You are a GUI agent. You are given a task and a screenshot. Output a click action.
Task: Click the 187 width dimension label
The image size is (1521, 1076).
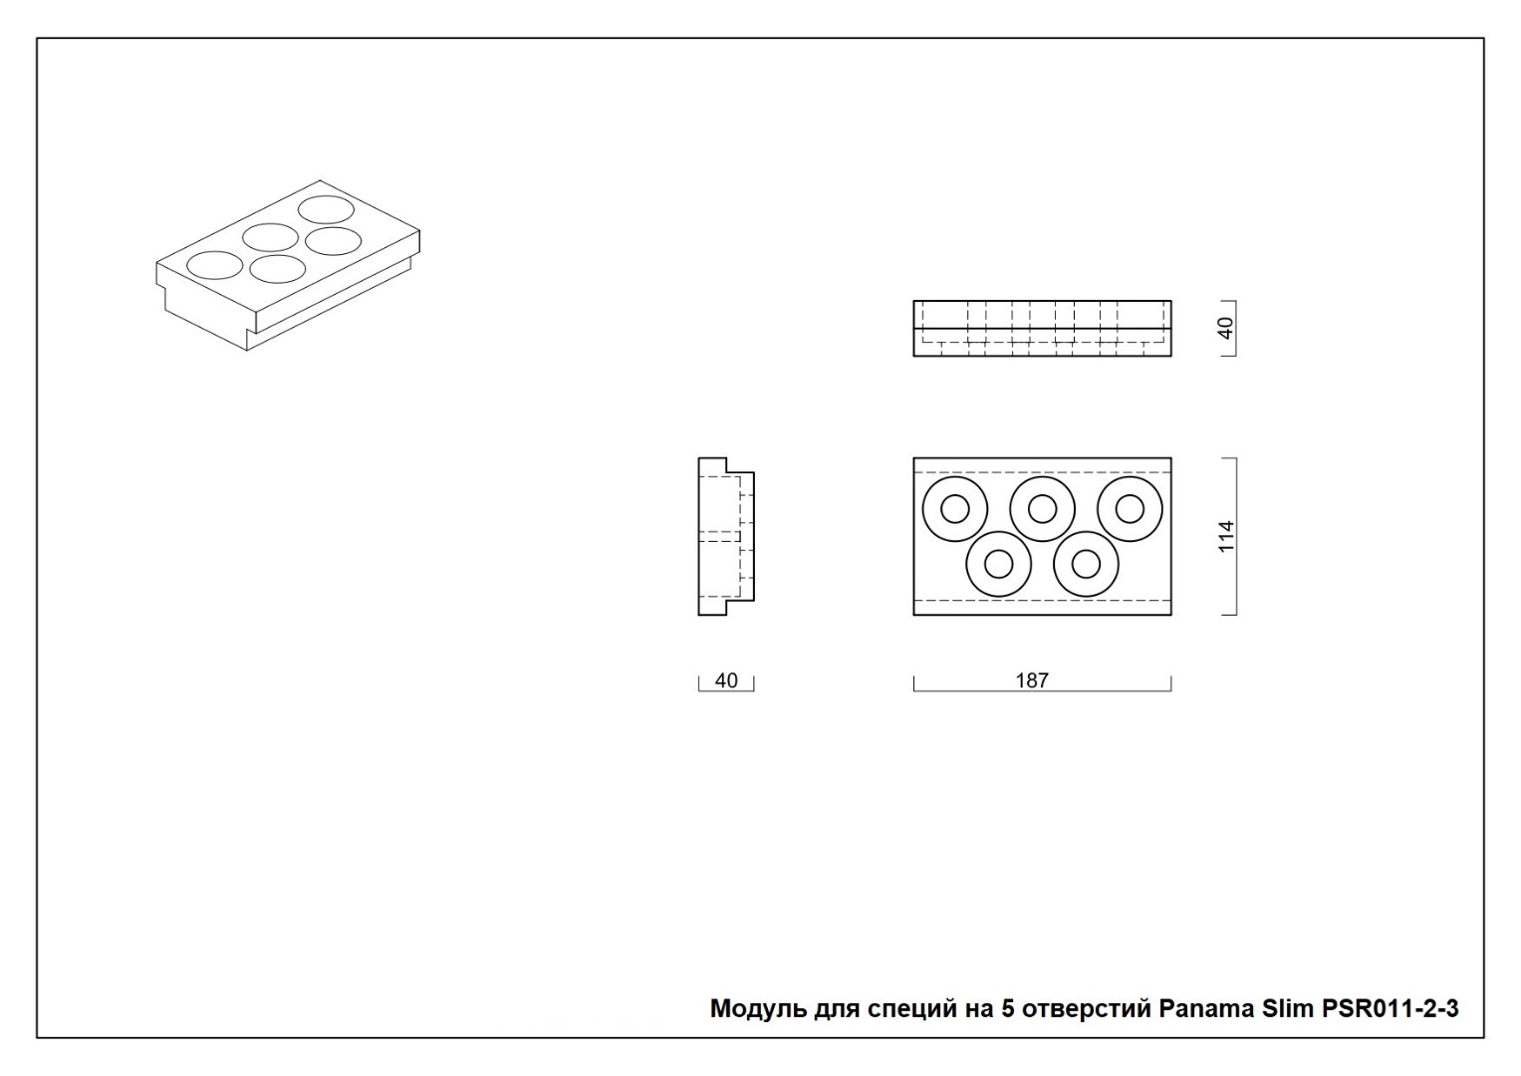point(1031,679)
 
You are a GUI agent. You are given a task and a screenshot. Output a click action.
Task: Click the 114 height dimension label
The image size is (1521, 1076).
point(1226,537)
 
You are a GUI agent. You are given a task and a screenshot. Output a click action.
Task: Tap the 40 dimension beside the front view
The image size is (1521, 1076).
point(1226,328)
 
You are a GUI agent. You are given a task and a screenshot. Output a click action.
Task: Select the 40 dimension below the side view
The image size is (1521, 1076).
point(726,679)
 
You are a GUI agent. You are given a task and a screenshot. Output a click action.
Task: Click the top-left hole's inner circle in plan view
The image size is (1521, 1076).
point(954,509)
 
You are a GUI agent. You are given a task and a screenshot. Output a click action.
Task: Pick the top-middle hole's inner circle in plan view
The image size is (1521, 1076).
point(1042,509)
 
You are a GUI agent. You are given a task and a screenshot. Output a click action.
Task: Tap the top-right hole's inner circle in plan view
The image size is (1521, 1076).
point(1130,509)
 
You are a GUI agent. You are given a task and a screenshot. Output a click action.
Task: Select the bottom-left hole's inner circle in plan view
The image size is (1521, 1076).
point(998,564)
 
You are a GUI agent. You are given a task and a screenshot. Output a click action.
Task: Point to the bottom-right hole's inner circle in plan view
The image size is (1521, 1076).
point(1086,564)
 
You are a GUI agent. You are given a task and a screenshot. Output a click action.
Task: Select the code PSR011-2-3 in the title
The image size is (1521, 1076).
point(1390,1008)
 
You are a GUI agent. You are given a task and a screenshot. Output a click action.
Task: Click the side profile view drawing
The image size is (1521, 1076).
point(726,537)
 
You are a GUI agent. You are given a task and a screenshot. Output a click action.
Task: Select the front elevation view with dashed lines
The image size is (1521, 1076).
point(1042,328)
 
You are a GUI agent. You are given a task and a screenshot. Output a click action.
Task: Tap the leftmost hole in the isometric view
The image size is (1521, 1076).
point(214,266)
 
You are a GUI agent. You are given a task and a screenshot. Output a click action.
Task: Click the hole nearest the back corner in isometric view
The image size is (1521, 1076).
point(326,210)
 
